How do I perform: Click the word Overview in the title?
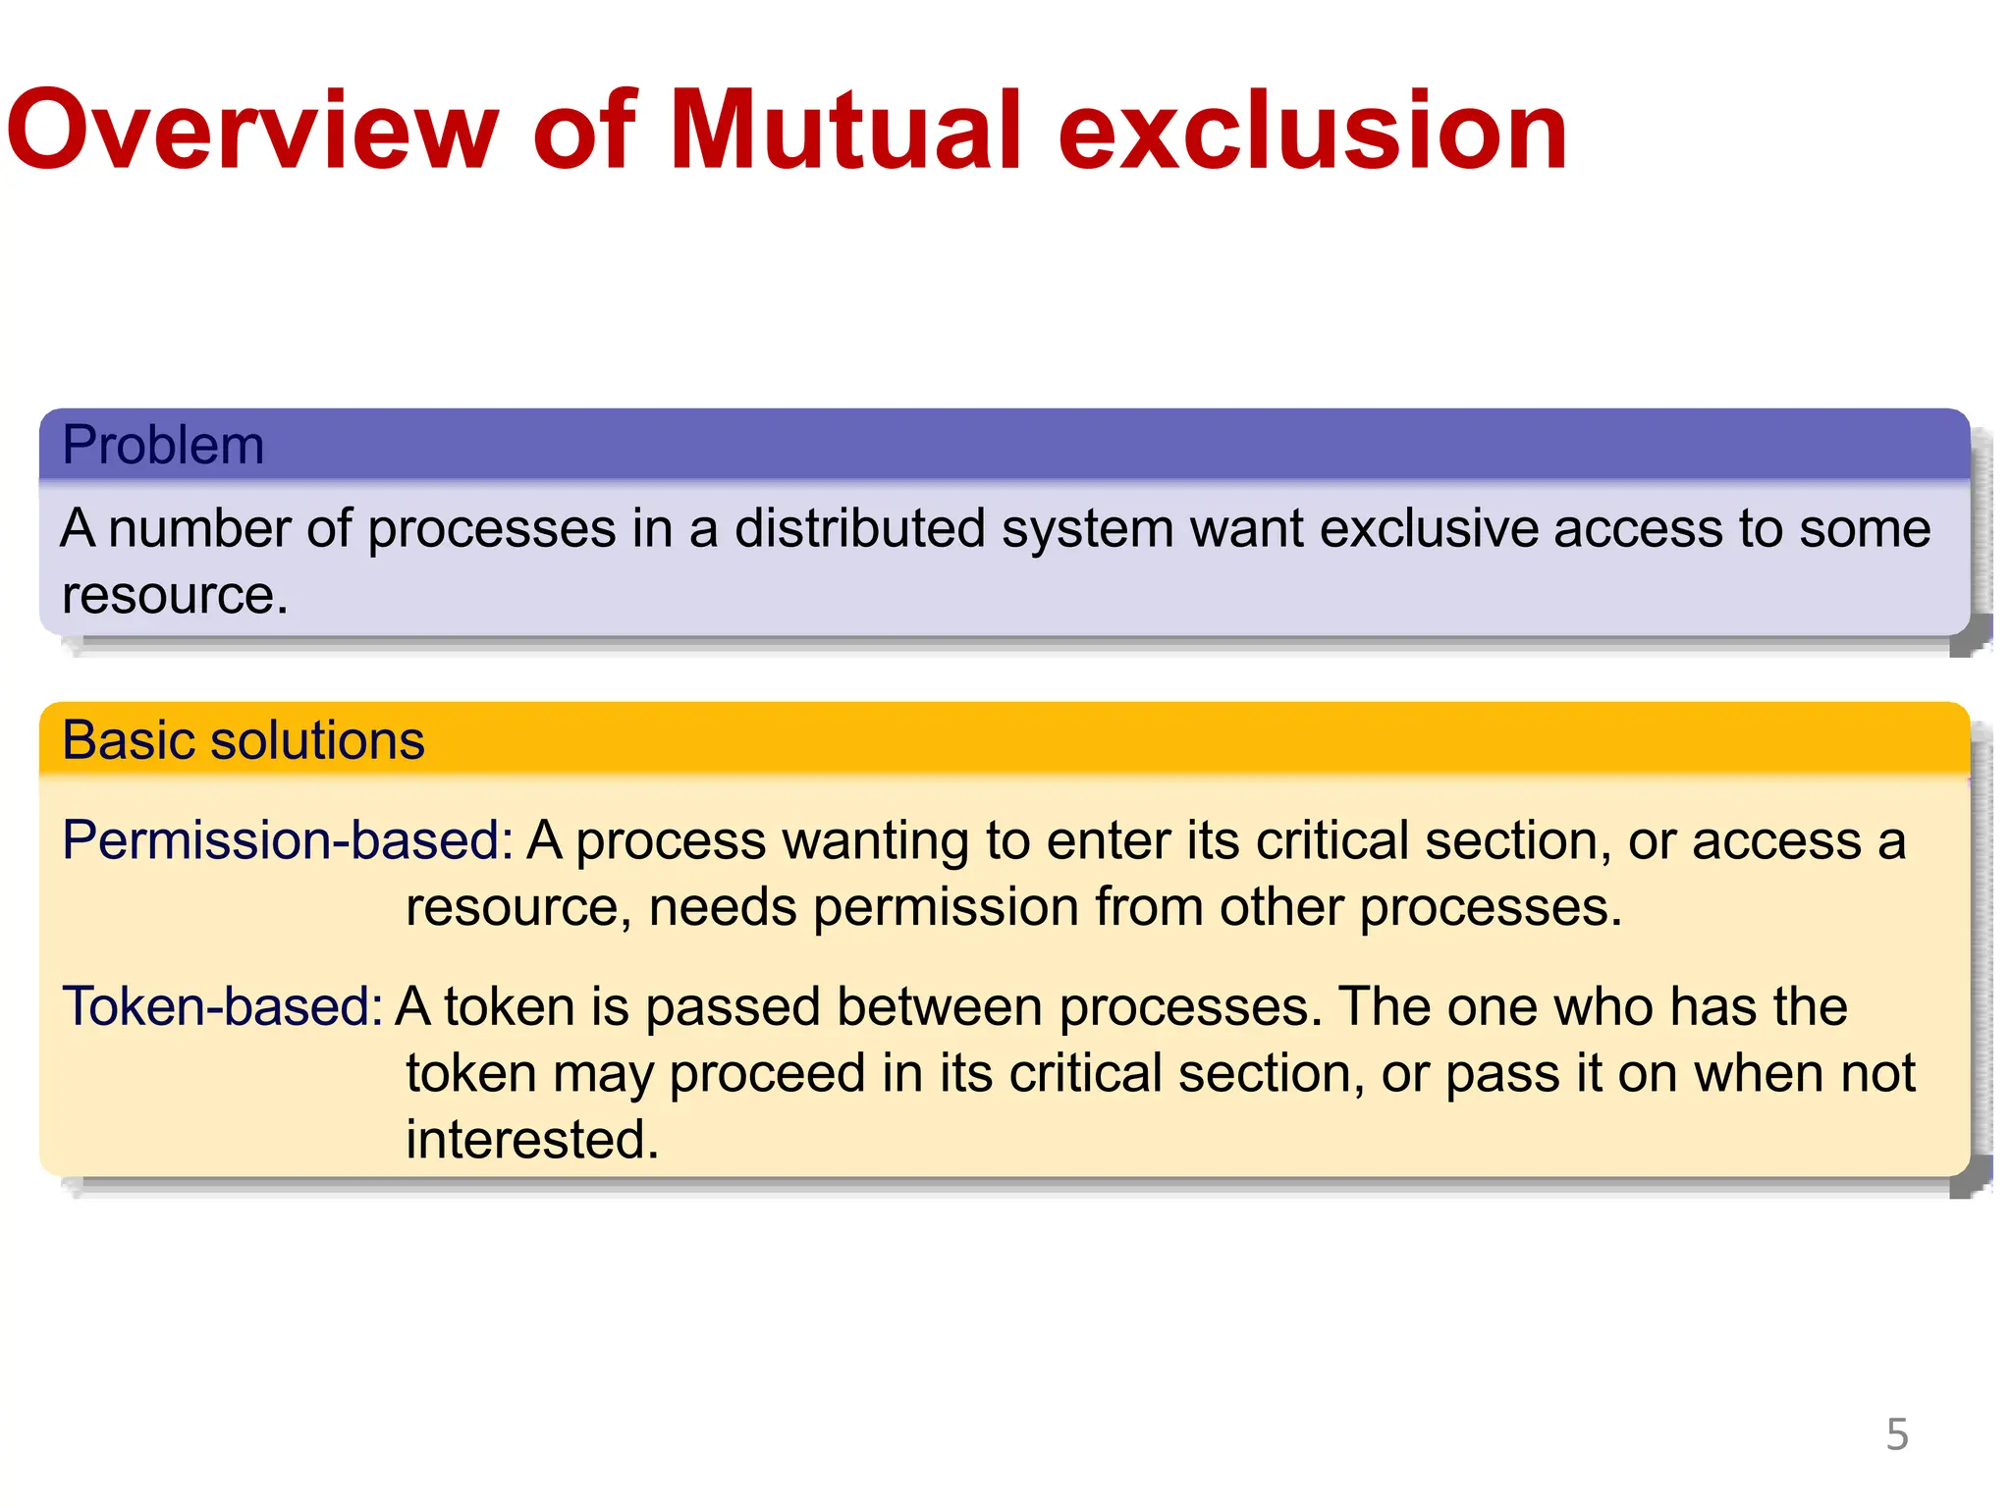(253, 131)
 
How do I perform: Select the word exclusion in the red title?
(1312, 131)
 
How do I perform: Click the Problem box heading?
(163, 445)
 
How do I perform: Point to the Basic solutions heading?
(243, 739)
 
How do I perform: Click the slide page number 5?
(1897, 1434)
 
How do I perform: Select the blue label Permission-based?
(287, 840)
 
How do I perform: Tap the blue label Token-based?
(222, 1006)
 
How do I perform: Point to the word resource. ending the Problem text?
(175, 595)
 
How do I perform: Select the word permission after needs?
(946, 906)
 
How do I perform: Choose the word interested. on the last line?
(532, 1139)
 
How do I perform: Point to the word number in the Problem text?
(199, 528)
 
